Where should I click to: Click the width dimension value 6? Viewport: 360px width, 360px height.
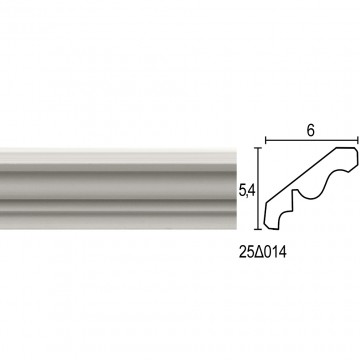(x=310, y=131)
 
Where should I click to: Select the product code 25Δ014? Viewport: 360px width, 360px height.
(x=263, y=253)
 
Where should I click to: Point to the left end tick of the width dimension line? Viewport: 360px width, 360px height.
(x=266, y=140)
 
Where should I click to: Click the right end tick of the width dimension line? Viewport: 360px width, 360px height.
(x=358, y=140)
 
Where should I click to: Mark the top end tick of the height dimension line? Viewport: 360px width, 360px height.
(x=258, y=147)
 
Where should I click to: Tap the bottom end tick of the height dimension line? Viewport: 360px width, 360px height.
(x=258, y=229)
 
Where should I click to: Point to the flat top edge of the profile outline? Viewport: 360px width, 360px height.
(x=345, y=148)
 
